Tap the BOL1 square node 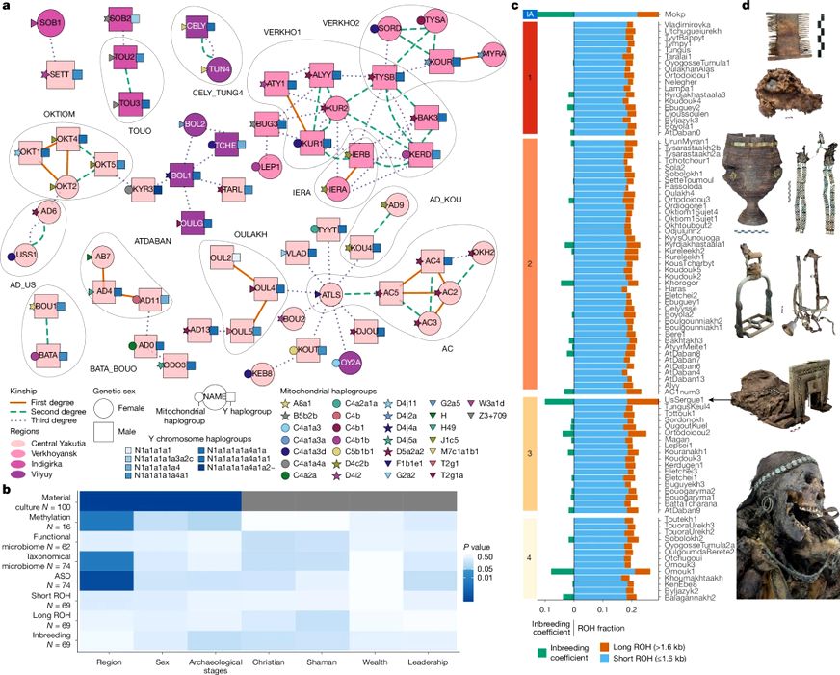(x=179, y=176)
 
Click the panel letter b (x=8, y=490)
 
